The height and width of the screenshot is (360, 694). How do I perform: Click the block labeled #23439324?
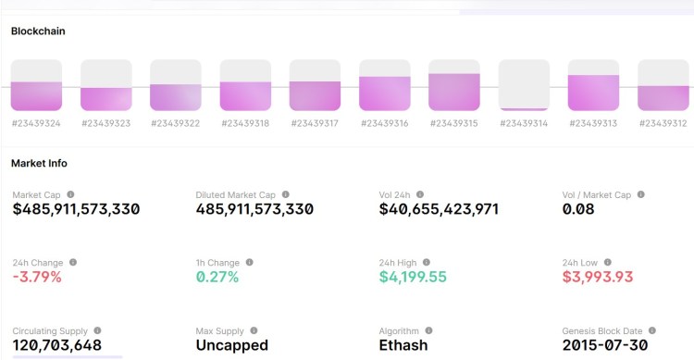pos(36,85)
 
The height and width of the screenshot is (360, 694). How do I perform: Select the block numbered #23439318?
pos(245,85)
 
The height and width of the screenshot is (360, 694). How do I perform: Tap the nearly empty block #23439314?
pos(524,85)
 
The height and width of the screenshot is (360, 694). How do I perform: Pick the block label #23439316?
pos(384,123)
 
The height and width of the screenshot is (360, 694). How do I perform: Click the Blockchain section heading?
pos(38,31)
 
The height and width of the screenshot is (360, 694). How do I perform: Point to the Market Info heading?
pos(39,163)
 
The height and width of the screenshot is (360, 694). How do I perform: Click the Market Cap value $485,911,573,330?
pos(76,209)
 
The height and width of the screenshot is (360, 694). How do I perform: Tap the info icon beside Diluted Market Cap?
pos(285,194)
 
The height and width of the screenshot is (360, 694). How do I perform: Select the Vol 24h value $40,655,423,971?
pos(439,209)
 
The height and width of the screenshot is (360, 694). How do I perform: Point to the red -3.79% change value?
pos(37,277)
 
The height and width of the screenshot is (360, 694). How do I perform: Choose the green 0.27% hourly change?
pos(217,277)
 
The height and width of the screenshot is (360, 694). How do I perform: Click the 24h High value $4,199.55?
pos(413,277)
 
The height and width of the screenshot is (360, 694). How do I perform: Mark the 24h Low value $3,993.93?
pos(598,277)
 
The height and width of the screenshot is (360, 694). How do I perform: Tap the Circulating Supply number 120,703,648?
pos(56,345)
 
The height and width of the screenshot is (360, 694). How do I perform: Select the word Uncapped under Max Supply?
pos(231,345)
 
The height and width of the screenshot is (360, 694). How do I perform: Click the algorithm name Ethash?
pos(403,345)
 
